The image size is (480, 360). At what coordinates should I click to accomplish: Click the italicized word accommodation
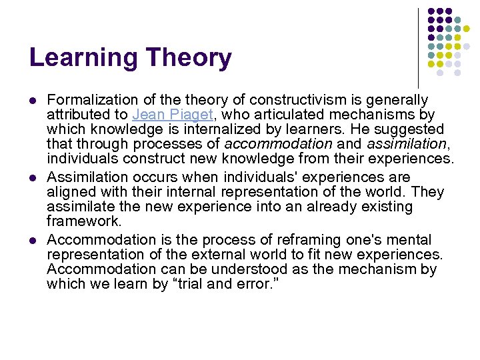coord(278,143)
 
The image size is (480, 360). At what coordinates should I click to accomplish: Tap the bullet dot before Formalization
coord(32,101)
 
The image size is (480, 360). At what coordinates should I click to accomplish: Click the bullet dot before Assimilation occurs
coord(32,178)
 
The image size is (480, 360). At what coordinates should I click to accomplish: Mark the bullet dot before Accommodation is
coord(32,240)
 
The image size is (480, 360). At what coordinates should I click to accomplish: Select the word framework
coord(84,220)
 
